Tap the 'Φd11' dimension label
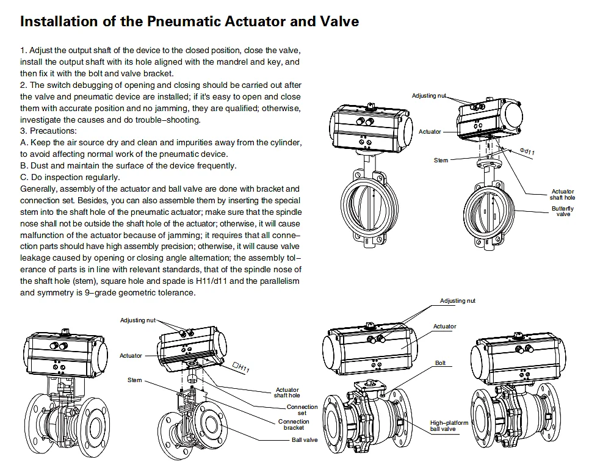[x=527, y=150]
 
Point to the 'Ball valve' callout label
[x=304, y=439]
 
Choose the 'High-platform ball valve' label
[x=449, y=426]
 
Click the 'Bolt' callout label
[x=440, y=363]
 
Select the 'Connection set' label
[x=303, y=410]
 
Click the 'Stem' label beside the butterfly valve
[x=441, y=160]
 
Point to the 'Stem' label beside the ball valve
[x=134, y=380]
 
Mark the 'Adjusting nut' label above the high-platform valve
[x=458, y=301]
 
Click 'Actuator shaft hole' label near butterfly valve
[x=563, y=195]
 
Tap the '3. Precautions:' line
[x=49, y=131]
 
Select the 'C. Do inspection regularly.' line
[x=70, y=177]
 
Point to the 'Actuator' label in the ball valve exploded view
[x=131, y=355]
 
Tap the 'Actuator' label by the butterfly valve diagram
[x=430, y=131]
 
